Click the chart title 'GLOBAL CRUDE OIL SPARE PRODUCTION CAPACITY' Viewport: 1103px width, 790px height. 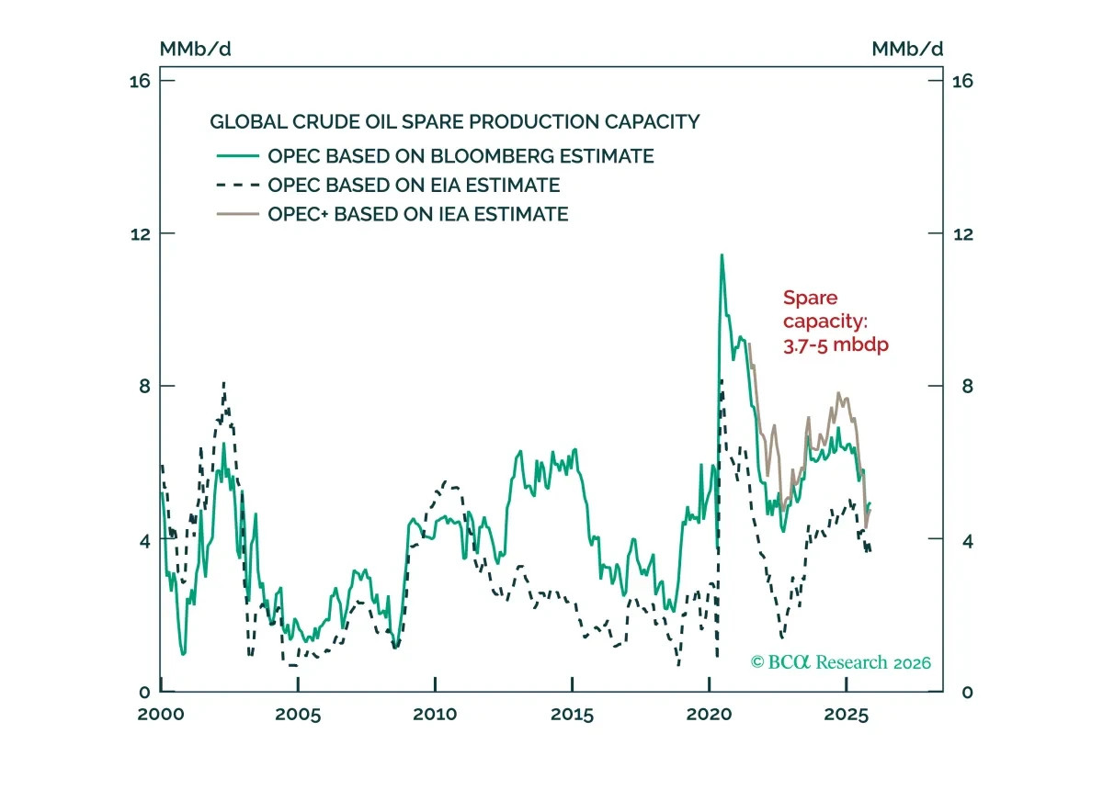(454, 121)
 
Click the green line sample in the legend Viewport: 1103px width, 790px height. (238, 155)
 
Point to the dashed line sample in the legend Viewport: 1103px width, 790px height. (238, 185)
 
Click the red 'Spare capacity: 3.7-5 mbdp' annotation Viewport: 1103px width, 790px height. (836, 322)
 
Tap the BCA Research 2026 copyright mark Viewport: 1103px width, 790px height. (840, 662)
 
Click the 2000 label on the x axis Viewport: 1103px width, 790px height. (161, 714)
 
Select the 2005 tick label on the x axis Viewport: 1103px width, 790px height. (298, 714)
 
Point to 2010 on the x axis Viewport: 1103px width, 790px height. (435, 714)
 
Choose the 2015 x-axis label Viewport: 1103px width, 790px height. (572, 714)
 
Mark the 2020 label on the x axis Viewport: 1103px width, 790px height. (709, 714)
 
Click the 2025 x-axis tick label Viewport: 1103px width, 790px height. (847, 714)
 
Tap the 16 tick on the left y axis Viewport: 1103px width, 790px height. (140, 81)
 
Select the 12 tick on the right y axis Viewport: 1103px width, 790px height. (963, 234)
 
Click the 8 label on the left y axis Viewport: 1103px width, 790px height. (144, 386)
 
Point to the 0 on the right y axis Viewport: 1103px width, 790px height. (968, 692)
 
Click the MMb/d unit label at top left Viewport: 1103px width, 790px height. (196, 50)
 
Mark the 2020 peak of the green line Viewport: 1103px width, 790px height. (722, 255)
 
